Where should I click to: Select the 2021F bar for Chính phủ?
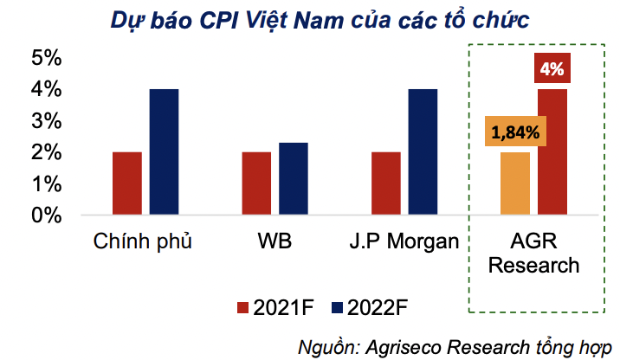126,183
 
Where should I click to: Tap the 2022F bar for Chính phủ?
164,151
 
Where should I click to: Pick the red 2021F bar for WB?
255,183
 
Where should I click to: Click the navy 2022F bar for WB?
293,179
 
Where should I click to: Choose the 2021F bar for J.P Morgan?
385,183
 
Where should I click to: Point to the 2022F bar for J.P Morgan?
423,151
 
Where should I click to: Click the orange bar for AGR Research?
515,183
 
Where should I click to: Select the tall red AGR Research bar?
552,151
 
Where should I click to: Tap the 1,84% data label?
515,133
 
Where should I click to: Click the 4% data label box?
552,68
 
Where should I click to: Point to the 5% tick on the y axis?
46,59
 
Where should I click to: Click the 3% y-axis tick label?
46,121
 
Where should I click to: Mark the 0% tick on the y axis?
46,215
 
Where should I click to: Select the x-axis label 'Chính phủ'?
142,240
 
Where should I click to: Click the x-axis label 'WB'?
274,240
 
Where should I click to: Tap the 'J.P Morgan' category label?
404,240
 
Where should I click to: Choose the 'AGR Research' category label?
533,252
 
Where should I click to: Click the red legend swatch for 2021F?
242,307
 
